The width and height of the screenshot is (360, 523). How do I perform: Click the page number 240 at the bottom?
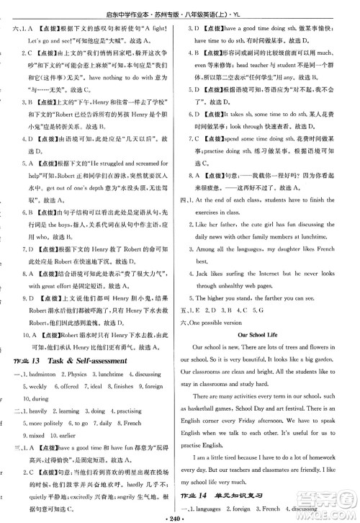click(x=180, y=517)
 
